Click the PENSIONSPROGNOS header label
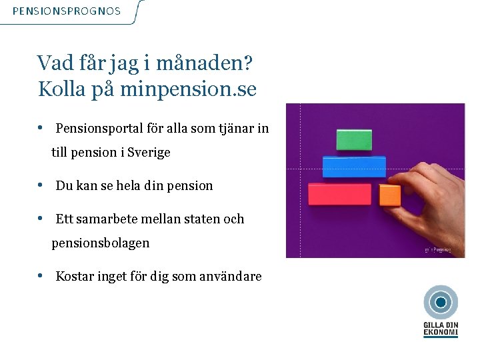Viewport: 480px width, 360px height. click(67, 11)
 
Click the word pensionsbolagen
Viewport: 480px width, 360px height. click(101, 243)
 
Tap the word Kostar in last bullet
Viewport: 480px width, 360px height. click(75, 276)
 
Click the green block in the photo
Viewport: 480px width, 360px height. click(354, 139)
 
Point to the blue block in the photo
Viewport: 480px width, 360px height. click(354, 166)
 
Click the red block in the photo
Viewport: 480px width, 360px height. click(339, 194)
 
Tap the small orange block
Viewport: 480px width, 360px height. click(390, 195)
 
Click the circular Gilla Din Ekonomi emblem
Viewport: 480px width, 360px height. click(440, 303)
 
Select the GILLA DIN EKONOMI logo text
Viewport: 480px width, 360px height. click(440, 329)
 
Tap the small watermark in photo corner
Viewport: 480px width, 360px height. click(438, 250)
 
